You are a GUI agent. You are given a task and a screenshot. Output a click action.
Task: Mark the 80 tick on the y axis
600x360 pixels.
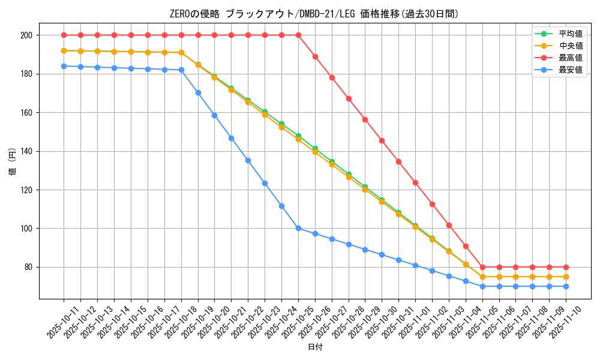[27, 267]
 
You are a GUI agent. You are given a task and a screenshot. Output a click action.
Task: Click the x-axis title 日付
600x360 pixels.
[315, 347]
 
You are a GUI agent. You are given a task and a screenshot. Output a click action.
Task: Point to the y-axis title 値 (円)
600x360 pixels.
[12, 162]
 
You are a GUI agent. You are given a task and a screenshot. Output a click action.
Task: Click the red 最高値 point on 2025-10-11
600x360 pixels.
[64, 35]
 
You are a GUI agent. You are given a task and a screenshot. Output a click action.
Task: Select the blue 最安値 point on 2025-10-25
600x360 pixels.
[298, 228]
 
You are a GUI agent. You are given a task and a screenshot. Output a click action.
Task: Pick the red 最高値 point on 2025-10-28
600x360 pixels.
[349, 98]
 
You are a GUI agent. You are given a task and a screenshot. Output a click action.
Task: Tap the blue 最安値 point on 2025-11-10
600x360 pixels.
[566, 286]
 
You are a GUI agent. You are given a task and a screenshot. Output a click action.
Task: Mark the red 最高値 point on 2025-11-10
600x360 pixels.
[566, 267]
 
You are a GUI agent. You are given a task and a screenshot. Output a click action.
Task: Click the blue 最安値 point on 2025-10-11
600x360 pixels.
[64, 66]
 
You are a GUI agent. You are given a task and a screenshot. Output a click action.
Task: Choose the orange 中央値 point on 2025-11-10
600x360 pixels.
[566, 277]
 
